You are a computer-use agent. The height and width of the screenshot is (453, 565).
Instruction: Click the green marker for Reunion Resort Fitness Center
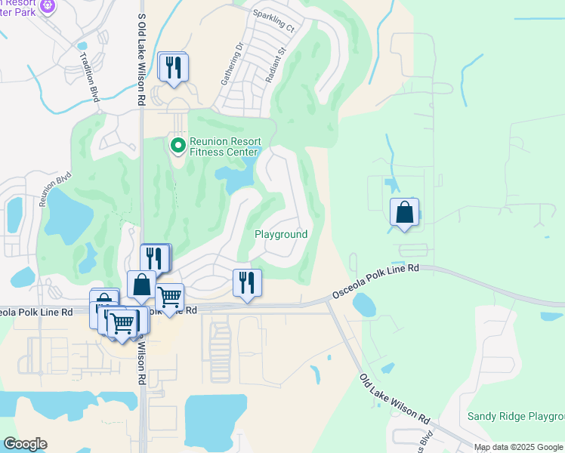click(178, 143)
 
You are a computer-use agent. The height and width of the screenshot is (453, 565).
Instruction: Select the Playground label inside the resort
click(280, 235)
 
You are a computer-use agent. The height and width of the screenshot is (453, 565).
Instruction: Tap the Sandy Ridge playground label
click(515, 416)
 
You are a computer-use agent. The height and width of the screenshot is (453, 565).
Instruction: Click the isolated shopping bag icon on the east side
click(404, 212)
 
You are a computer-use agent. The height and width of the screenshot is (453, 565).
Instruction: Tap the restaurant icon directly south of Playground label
click(247, 284)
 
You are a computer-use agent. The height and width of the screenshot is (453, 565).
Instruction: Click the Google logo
click(25, 444)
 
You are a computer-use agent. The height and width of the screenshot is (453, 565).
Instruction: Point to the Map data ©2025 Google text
click(518, 447)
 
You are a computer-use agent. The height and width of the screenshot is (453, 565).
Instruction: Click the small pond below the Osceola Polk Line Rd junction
click(363, 305)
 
